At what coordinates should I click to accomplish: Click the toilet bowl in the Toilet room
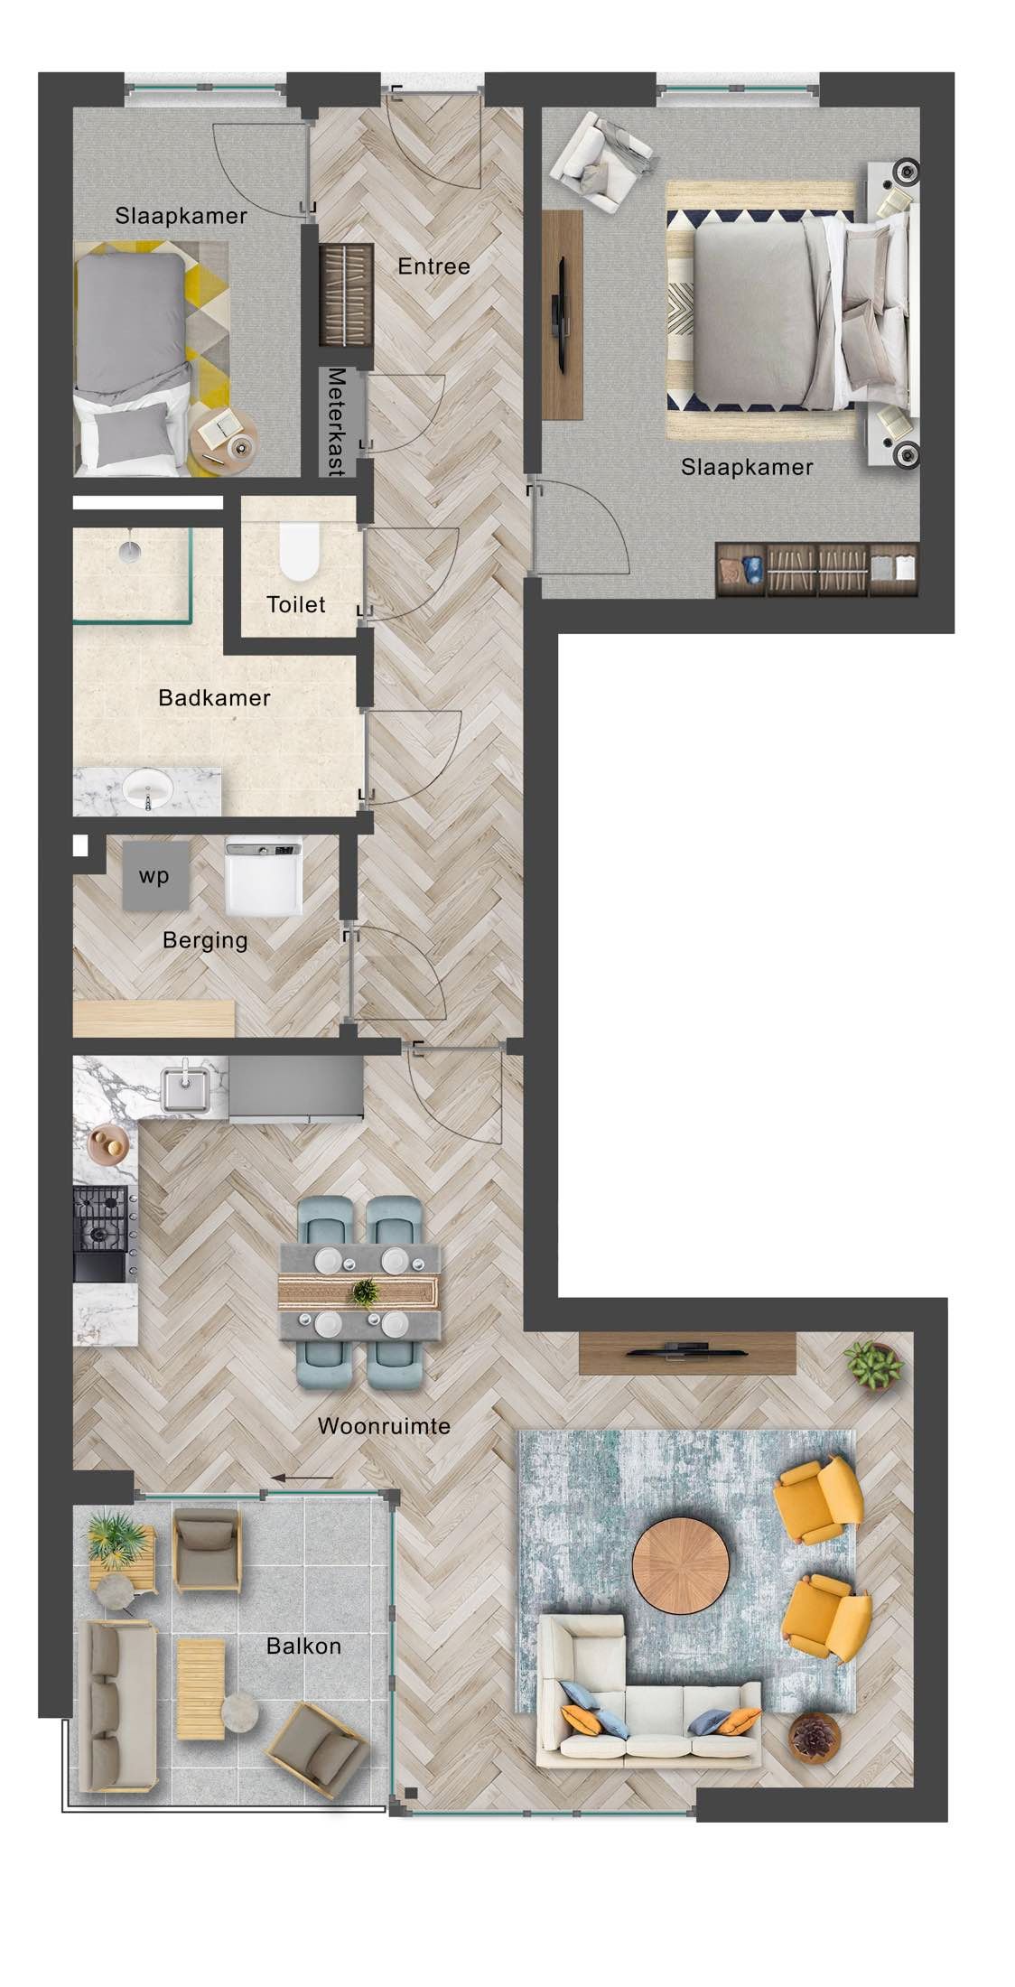pos(299,552)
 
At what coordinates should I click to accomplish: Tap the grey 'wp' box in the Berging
pos(155,875)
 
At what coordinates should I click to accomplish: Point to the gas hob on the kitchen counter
pos(100,1216)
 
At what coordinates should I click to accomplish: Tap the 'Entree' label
pos(433,266)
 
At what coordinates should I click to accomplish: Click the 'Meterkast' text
pos(337,421)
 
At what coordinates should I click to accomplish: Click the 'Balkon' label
pos(303,1646)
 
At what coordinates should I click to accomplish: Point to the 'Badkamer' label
pos(214,697)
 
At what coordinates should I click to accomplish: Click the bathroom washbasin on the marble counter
pos(147,790)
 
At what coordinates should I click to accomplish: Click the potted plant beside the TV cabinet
pos(873,1364)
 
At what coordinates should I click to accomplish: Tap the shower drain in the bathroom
pos(130,545)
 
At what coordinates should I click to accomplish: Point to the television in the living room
pos(686,1350)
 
